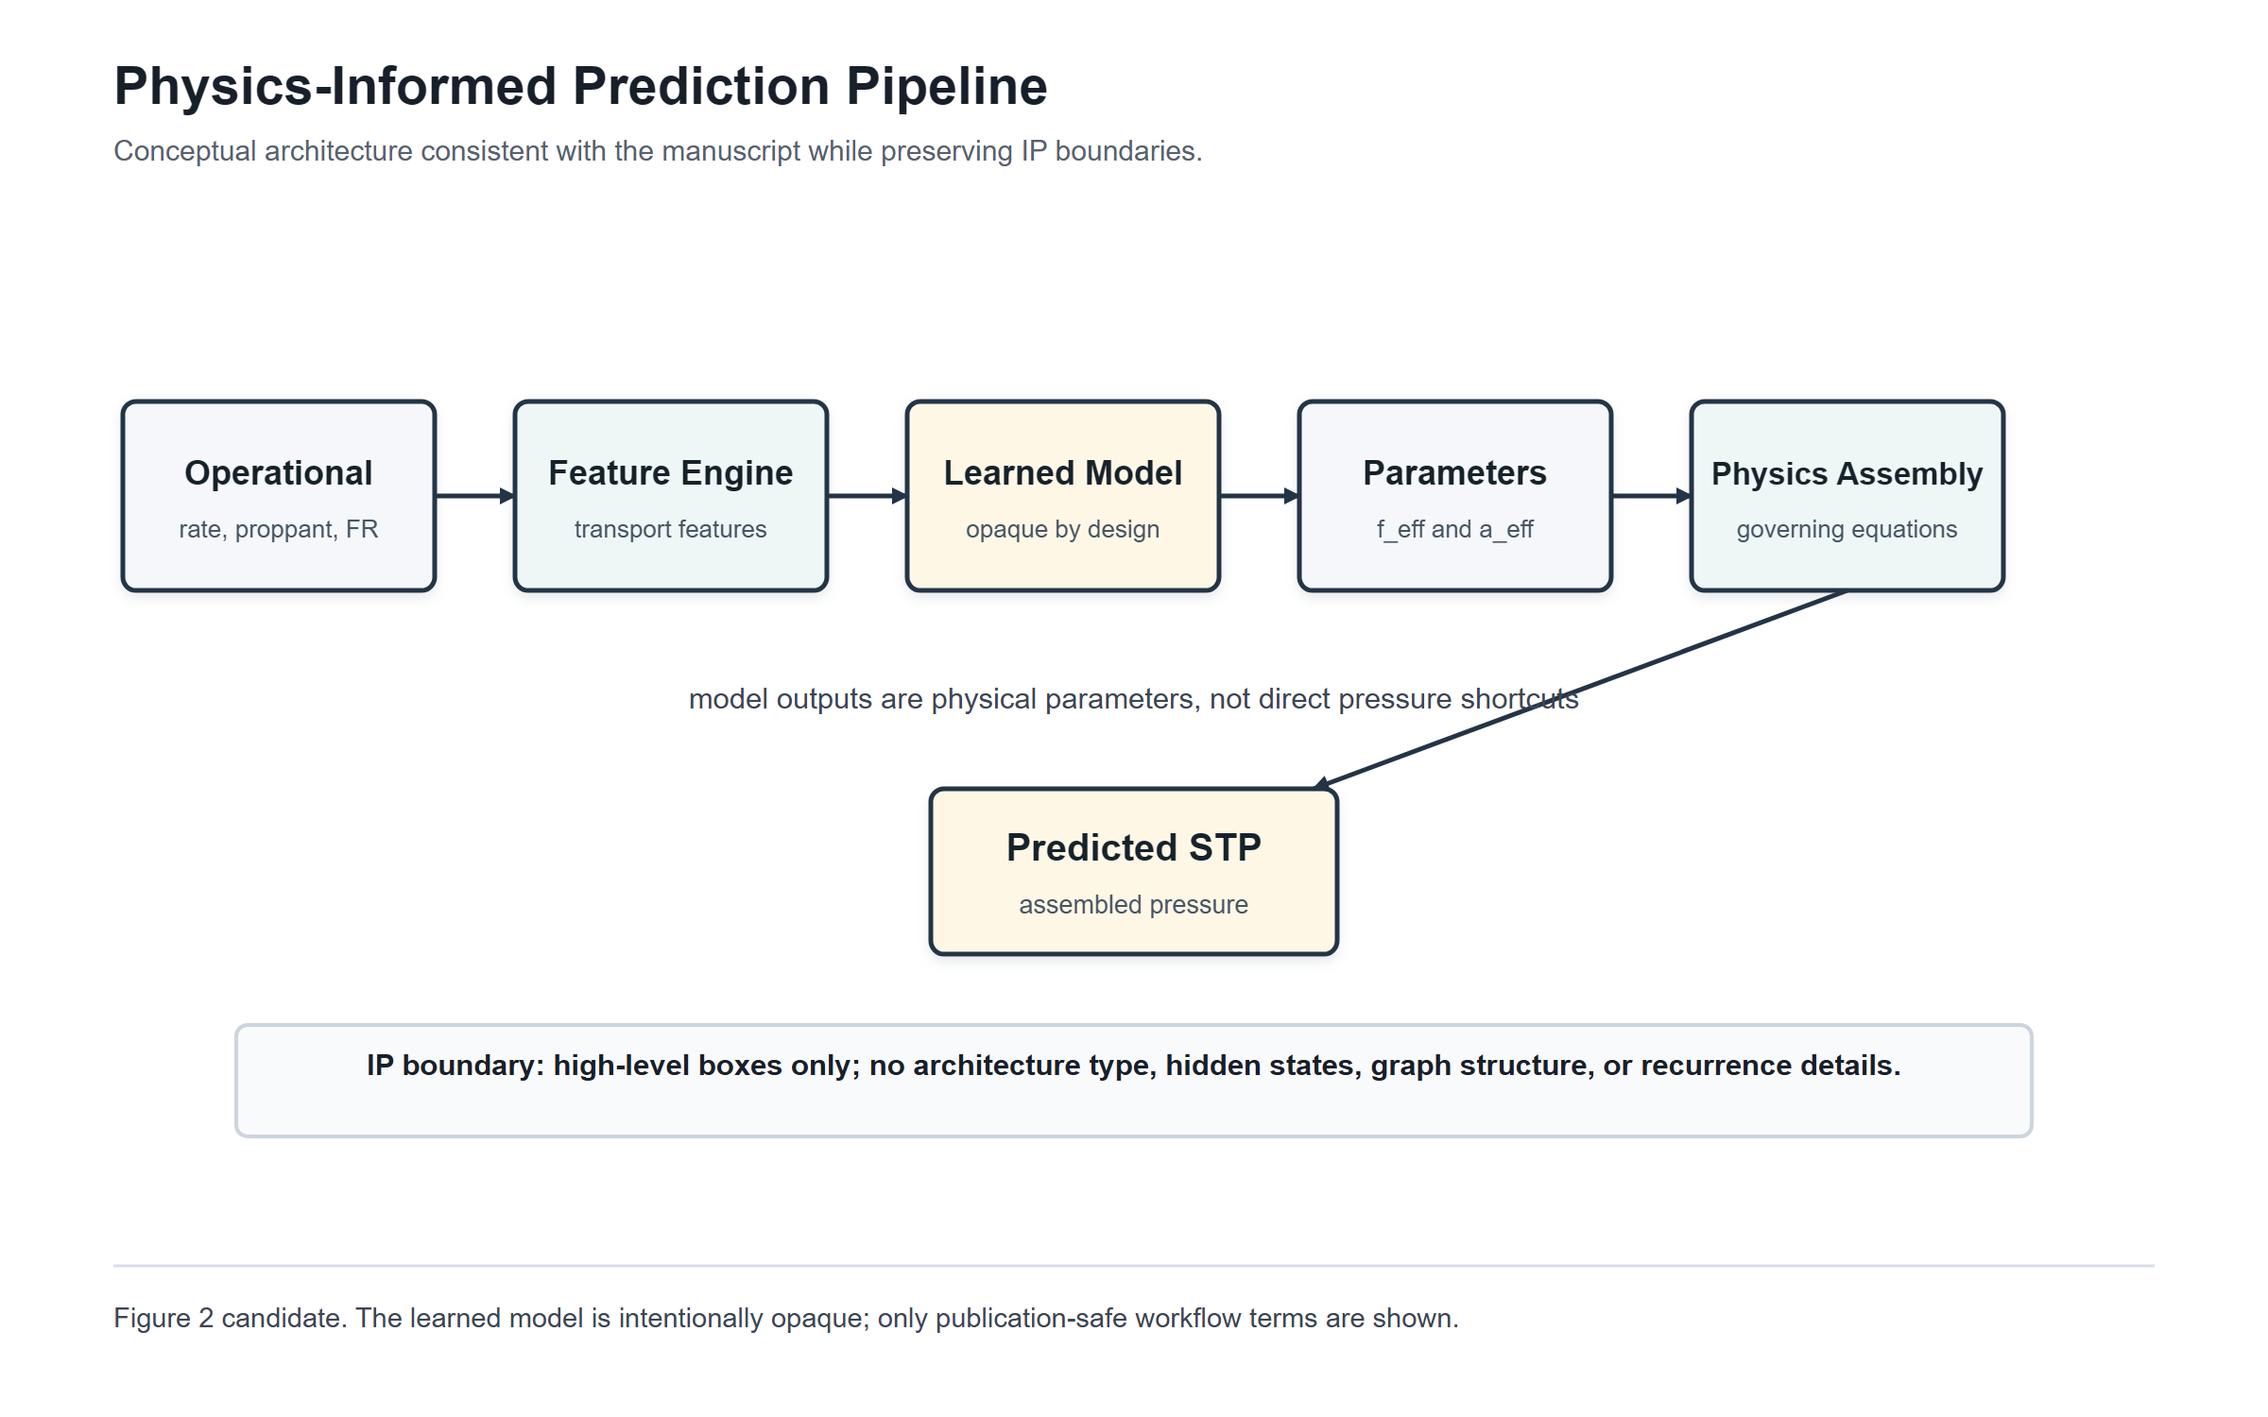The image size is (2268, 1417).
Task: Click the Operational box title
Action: (x=278, y=472)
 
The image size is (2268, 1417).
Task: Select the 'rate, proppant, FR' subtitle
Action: (x=278, y=529)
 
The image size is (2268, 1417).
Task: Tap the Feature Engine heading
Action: (x=670, y=472)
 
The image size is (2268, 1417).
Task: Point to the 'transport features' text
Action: (x=670, y=529)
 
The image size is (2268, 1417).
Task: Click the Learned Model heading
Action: (x=1062, y=472)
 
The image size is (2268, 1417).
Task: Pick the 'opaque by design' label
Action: (x=1062, y=529)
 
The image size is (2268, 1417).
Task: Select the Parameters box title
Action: (x=1454, y=472)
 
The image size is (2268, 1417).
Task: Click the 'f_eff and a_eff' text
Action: (x=1454, y=529)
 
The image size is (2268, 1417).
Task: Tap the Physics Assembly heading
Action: (x=1847, y=473)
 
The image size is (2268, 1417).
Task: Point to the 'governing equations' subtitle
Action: (x=1847, y=529)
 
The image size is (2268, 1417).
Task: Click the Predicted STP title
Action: (x=1133, y=847)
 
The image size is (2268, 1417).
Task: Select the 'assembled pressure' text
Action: (x=1133, y=904)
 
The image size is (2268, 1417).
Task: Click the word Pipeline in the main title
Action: (x=946, y=86)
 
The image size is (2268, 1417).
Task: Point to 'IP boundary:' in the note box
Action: (x=455, y=1065)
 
